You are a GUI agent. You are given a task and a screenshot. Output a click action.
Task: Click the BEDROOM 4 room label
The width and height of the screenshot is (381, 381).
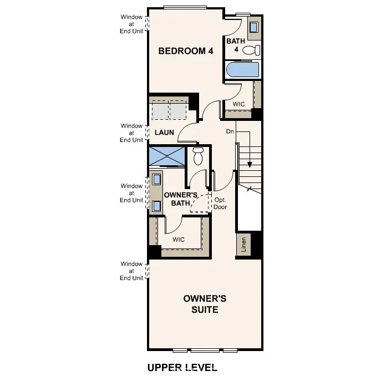(x=185, y=51)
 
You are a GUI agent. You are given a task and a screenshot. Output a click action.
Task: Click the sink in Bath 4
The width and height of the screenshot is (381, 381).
(x=254, y=27)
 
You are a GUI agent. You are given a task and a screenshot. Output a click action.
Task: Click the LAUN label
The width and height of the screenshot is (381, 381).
(x=164, y=133)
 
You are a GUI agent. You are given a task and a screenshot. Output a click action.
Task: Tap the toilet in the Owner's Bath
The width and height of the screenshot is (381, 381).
(x=198, y=156)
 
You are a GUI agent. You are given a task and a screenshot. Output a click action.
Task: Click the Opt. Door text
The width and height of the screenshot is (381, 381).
(x=221, y=204)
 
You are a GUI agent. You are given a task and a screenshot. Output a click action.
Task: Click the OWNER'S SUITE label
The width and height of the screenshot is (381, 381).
(x=205, y=304)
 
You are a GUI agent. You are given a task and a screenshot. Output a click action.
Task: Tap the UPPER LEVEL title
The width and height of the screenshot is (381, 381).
(x=182, y=367)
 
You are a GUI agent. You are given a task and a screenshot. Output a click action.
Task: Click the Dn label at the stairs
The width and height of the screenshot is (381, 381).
(x=230, y=131)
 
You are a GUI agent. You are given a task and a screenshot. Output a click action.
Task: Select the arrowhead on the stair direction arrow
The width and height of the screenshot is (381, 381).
(x=250, y=164)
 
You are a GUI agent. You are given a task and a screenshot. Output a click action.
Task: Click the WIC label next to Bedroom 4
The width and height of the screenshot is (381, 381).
(x=238, y=104)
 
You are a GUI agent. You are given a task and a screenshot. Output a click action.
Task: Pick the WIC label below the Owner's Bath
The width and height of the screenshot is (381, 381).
(x=178, y=240)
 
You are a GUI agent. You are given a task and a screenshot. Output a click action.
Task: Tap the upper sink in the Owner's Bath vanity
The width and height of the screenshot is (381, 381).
(x=156, y=179)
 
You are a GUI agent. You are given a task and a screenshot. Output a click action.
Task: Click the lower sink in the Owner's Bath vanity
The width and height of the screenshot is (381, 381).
(x=156, y=206)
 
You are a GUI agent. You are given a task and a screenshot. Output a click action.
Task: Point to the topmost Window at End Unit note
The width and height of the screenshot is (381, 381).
(x=132, y=24)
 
